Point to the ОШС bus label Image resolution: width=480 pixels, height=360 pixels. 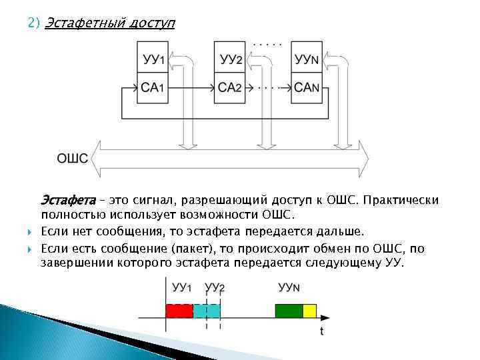tap(73, 158)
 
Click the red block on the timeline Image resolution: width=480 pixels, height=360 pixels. tap(179, 310)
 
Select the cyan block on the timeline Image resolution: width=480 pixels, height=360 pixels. tap(206, 310)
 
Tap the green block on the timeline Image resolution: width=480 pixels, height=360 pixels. tap(289, 310)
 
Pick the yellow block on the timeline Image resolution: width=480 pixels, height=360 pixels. tap(309, 310)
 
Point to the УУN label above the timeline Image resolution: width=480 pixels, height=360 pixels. tap(289, 287)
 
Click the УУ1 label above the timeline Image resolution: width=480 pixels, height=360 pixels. tap(182, 287)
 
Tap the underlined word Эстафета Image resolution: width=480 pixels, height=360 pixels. tap(68, 200)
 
